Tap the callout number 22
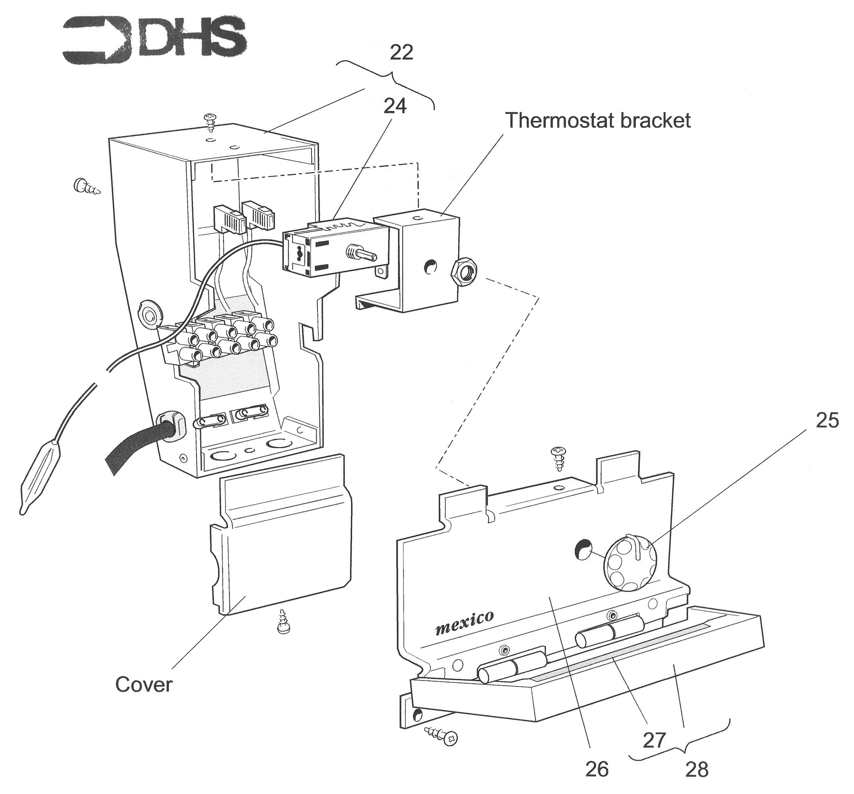[x=401, y=52]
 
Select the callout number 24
[x=394, y=106]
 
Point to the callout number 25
[x=827, y=420]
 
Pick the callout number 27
[x=654, y=739]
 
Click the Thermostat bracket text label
[x=598, y=120]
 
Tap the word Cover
[x=143, y=684]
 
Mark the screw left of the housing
[x=87, y=187]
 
